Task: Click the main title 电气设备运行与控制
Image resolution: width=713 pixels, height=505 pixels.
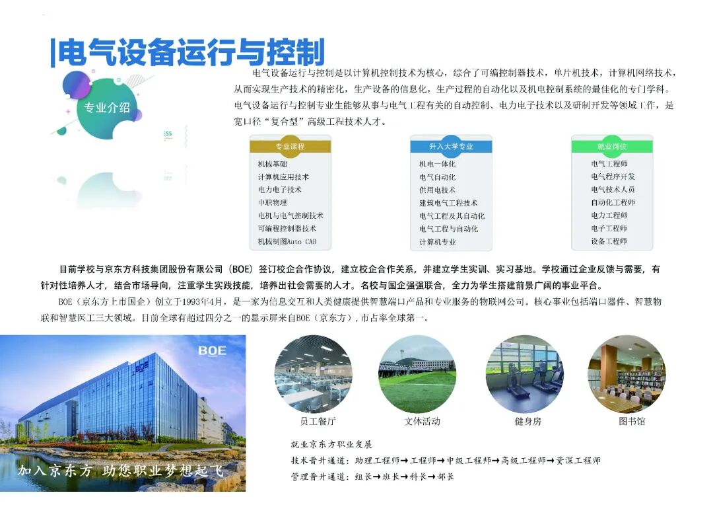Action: click(191, 52)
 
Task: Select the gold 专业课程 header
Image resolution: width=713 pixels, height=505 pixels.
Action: click(290, 146)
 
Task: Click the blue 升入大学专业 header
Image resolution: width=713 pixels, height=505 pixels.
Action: click(451, 146)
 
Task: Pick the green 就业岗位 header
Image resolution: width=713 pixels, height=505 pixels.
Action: click(611, 146)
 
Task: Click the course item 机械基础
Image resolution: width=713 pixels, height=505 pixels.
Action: click(273, 164)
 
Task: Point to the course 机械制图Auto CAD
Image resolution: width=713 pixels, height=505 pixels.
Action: click(287, 241)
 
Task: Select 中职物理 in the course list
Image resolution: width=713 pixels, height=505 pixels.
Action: click(273, 203)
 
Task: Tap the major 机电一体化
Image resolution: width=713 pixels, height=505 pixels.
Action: click(437, 164)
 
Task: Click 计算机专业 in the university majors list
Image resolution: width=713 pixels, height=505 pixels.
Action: click(437, 242)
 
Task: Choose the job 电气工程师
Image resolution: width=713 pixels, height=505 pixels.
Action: click(609, 164)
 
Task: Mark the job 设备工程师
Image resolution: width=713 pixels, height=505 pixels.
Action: click(609, 241)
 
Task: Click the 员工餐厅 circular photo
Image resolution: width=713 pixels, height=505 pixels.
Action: click(314, 373)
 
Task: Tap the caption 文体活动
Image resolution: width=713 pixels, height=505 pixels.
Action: click(422, 421)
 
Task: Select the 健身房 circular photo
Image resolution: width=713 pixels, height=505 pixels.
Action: click(525, 373)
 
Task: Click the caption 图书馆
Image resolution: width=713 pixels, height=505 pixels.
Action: click(632, 421)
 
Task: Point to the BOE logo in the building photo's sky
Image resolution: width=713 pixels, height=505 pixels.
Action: click(212, 350)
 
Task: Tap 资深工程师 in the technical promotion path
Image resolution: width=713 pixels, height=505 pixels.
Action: click(578, 461)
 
